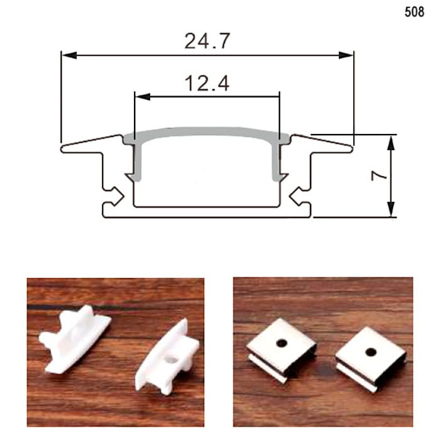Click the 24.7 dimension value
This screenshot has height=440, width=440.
(207, 41)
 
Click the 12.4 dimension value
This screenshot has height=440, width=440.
(207, 84)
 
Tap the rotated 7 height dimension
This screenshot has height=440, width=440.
(378, 175)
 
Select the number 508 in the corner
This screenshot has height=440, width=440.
(414, 12)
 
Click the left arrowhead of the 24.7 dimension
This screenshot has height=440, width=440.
(69, 55)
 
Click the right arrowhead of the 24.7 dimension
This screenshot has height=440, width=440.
(346, 55)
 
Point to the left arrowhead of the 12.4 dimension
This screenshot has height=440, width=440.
(143, 97)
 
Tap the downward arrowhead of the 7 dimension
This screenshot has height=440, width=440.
(391, 209)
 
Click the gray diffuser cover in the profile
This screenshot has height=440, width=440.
(207, 132)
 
